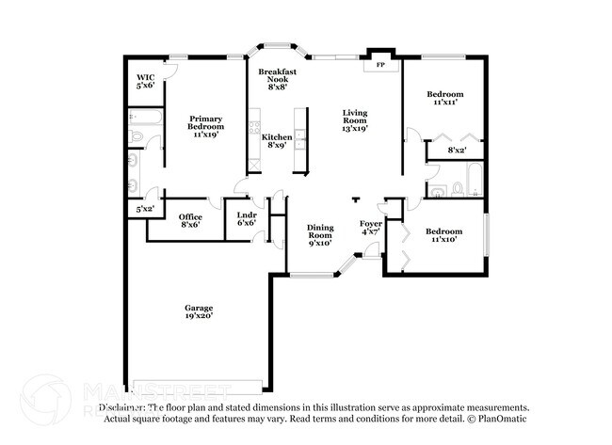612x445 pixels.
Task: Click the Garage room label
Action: [199, 308]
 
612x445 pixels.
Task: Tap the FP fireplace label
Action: [380, 66]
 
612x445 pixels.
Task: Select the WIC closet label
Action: [145, 77]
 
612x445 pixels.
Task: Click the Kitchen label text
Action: [277, 137]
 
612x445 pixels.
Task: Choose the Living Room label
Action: [354, 116]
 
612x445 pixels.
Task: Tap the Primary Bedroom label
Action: [204, 122]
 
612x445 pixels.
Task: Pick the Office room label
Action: [189, 218]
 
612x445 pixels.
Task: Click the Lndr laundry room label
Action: [247, 215]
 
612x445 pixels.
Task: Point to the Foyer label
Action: [371, 223]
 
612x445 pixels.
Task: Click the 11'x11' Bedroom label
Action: [444, 94]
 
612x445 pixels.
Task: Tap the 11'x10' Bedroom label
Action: [443, 230]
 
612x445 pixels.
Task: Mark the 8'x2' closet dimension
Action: [458, 150]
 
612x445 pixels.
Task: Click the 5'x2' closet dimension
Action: [146, 208]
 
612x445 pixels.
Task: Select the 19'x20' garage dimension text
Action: [199, 317]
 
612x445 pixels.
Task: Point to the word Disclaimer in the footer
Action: [126, 407]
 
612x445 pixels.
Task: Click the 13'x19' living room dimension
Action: [354, 129]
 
